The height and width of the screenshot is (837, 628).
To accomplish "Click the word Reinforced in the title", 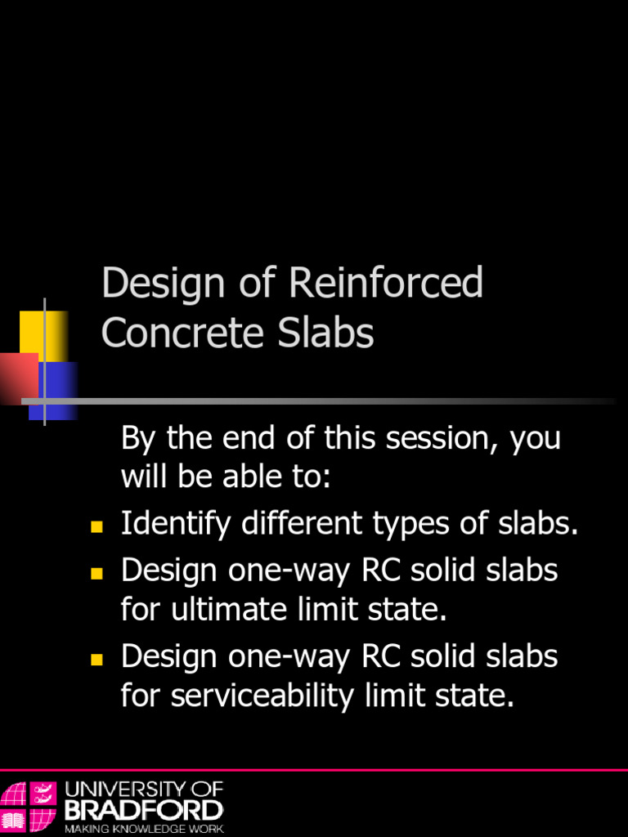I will [x=386, y=284].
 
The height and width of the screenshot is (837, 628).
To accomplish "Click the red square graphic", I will [x=18, y=378].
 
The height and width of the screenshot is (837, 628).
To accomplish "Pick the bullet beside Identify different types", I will [x=96, y=526].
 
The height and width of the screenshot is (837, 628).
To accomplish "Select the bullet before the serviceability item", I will [x=96, y=659].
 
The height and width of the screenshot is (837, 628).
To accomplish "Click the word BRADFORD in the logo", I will [x=143, y=810].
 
